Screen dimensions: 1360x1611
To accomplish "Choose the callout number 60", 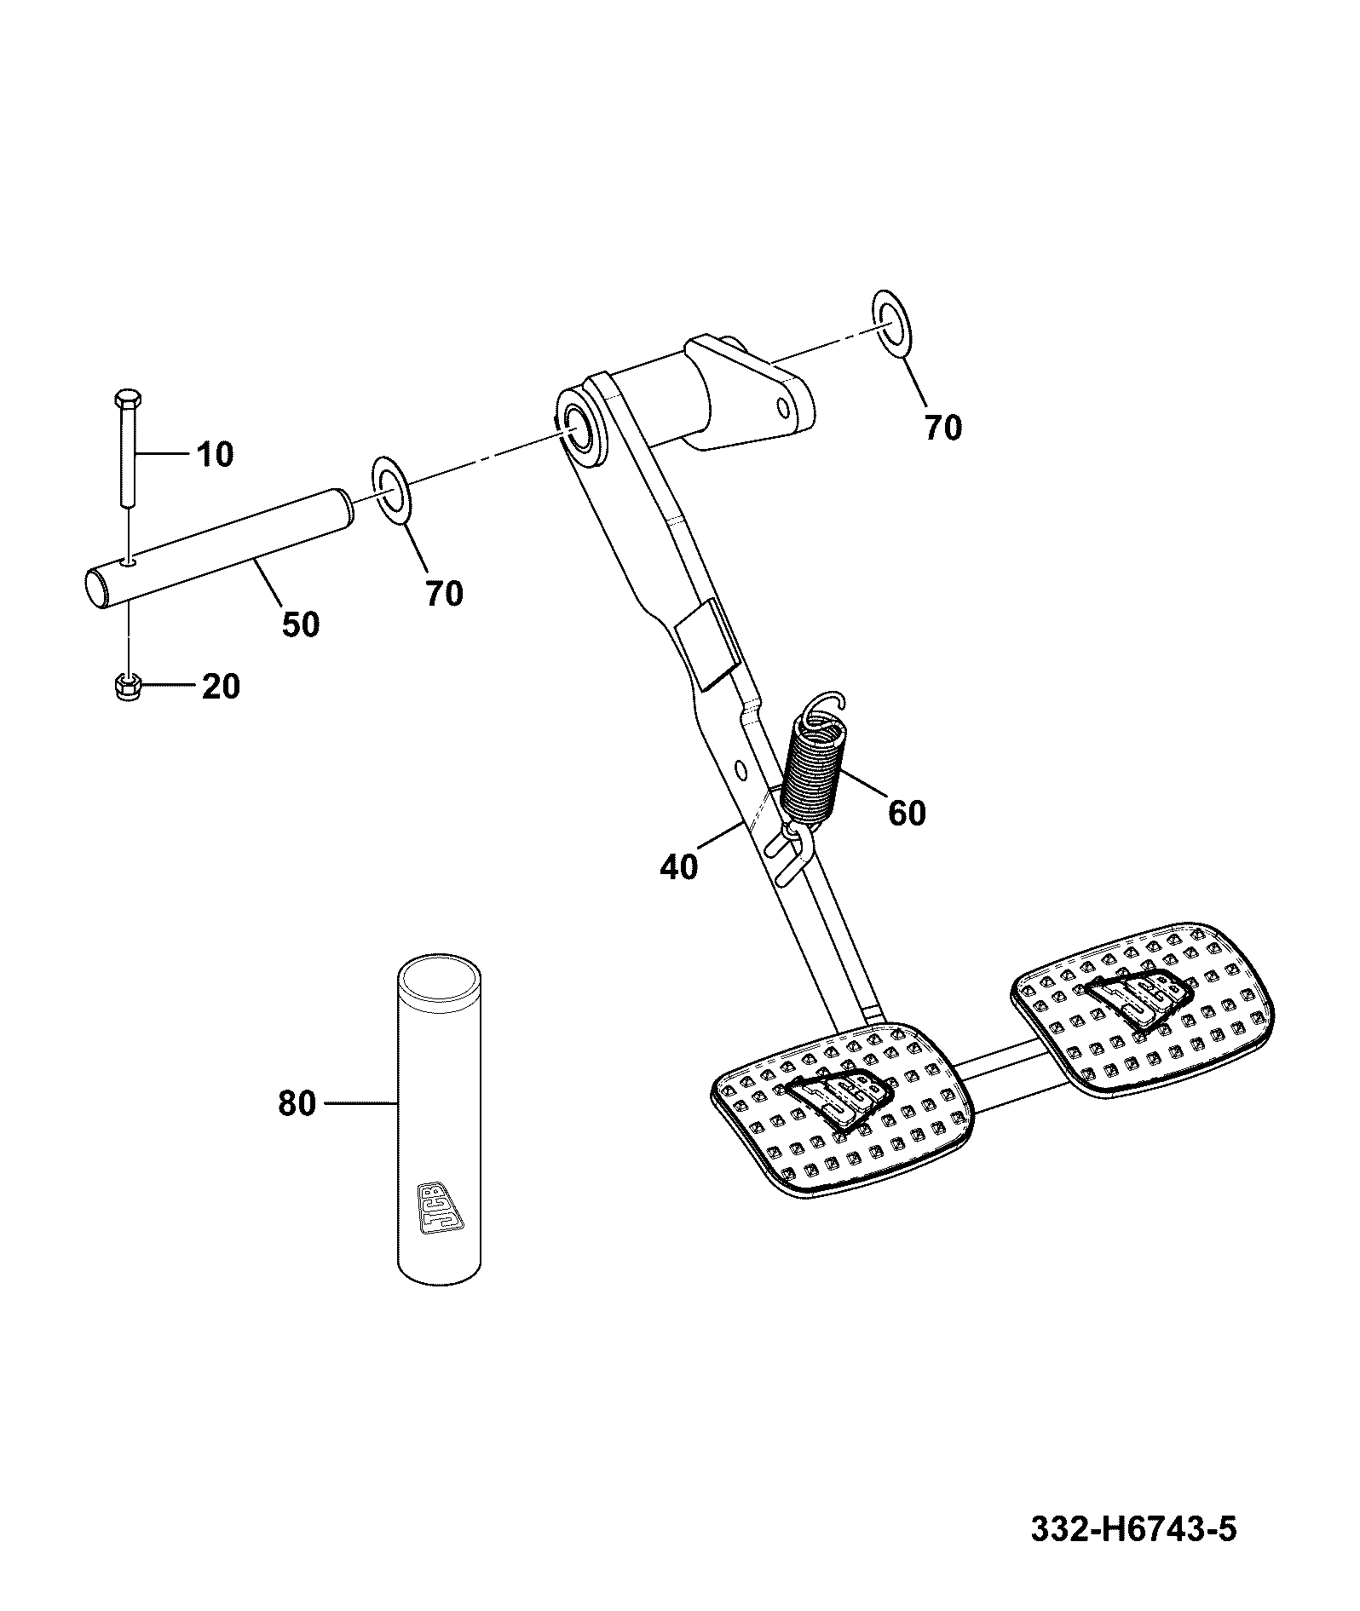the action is coord(907,813).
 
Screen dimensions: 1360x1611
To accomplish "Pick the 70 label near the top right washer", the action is coord(943,428).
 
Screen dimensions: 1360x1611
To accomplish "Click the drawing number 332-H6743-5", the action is coord(1133,1530).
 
